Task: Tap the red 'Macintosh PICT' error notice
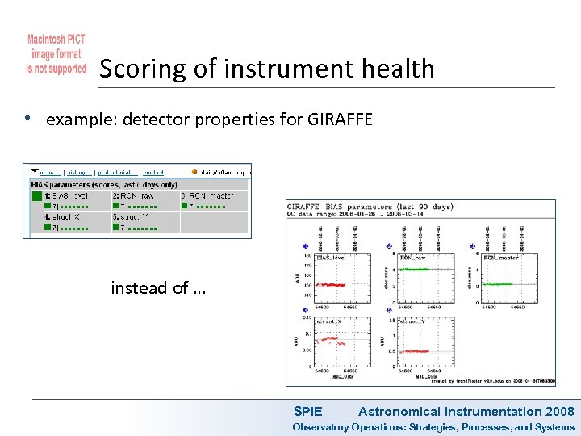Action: coord(56,54)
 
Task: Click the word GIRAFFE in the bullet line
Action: coord(340,120)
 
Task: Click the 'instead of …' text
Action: coord(158,287)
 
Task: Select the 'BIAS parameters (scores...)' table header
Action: coord(103,184)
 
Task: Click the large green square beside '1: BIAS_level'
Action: coord(36,195)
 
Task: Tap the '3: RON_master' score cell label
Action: coord(207,195)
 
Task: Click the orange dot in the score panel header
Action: coord(195,171)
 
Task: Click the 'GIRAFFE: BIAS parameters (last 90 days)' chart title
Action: coord(370,206)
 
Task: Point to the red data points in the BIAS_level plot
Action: coord(330,284)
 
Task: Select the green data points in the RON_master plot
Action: coord(499,283)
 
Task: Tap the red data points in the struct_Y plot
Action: coord(415,350)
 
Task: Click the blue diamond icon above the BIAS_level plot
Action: coord(306,246)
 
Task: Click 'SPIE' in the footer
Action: coord(307,412)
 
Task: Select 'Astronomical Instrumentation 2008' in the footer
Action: coord(466,412)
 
